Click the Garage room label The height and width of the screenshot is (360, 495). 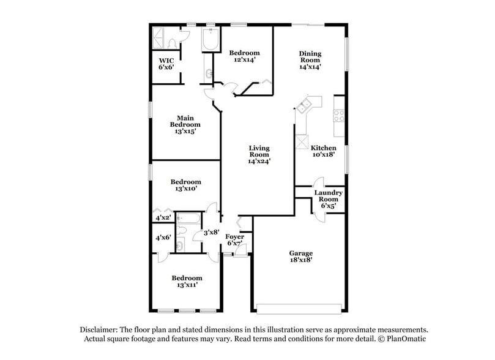301,253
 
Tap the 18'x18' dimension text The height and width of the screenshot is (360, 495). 301,260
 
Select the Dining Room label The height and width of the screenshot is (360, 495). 310,57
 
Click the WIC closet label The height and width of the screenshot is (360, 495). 166,60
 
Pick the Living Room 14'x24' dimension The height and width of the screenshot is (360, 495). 259,162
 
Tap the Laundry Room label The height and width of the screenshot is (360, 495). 328,196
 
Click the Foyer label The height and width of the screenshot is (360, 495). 235,236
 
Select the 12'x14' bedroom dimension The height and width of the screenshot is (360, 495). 244,60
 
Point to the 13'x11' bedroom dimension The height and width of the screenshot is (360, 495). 186,284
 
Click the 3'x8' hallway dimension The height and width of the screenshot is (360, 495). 203,232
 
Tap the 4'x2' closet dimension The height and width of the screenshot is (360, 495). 162,218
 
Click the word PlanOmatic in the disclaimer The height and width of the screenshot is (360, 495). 404,339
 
